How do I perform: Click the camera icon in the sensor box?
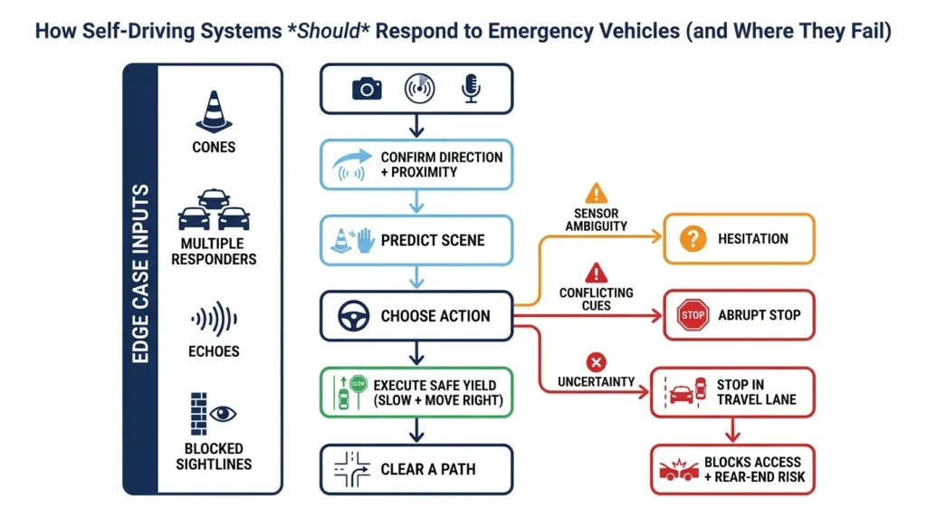coord(367,88)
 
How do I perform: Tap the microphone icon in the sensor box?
coord(471,87)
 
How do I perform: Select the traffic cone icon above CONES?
coord(214,112)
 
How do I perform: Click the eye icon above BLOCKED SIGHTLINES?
coord(223,414)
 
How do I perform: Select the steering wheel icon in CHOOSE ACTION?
coord(352,316)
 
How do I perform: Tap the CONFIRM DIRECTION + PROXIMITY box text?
coord(441,164)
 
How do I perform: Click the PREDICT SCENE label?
coord(433,240)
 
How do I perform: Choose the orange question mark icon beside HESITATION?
coord(692,239)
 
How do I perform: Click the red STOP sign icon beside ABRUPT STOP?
coord(692,315)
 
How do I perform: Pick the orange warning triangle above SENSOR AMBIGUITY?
coord(596,193)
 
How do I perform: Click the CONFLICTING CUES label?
coord(596,300)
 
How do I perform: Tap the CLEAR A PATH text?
coord(428,469)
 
